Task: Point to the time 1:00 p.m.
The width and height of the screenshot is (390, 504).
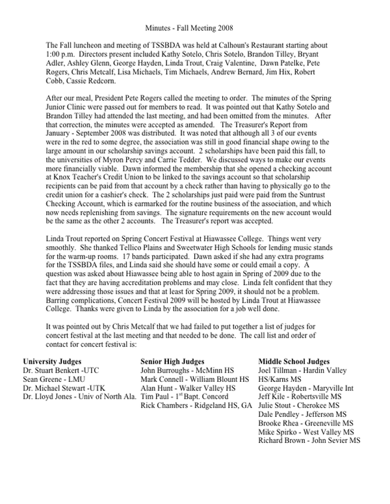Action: click(62, 51)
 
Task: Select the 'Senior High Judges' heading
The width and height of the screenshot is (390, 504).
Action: click(173, 361)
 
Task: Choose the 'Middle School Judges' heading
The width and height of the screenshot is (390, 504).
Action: click(294, 361)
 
